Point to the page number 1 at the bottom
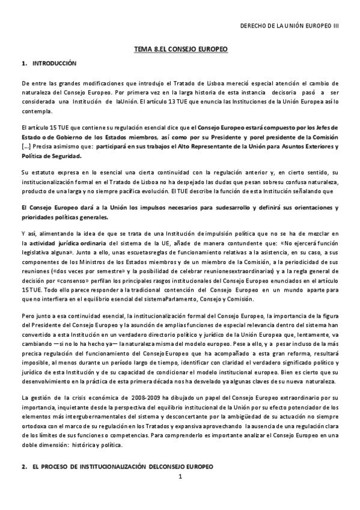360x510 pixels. click(180, 478)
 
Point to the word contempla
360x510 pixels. click(35, 111)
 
